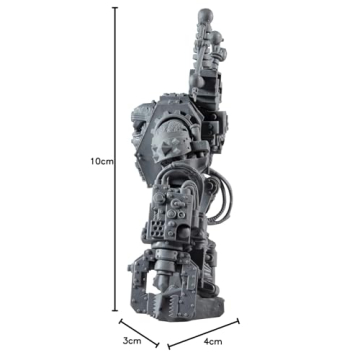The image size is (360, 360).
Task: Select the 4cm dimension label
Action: click(x=213, y=340)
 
